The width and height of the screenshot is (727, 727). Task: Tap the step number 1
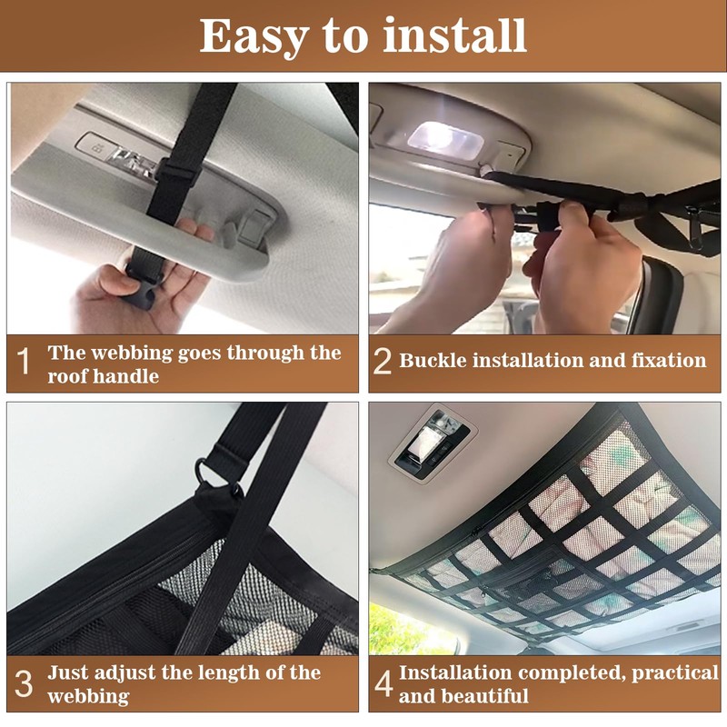[25, 363]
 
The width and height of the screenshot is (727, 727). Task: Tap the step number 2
[383, 362]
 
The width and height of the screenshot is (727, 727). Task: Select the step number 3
[25, 684]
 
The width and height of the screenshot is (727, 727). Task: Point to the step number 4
[383, 684]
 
